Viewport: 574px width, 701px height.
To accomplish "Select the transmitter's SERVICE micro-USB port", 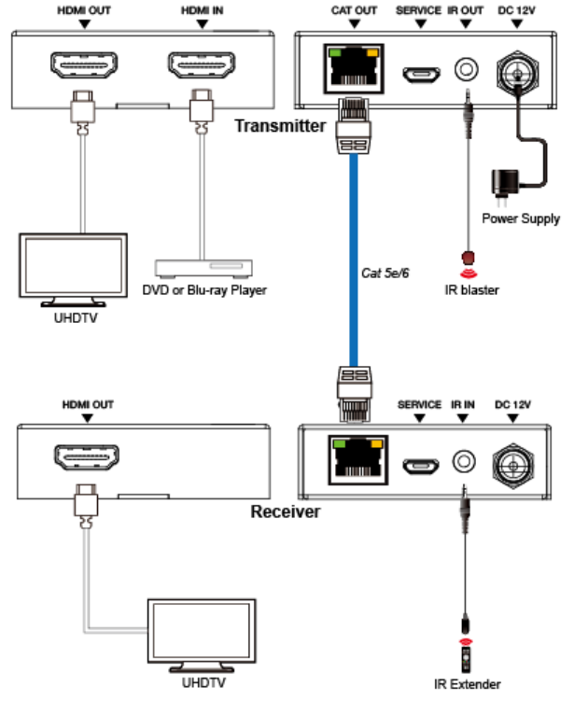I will pos(417,71).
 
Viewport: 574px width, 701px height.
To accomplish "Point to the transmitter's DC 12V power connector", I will pos(515,69).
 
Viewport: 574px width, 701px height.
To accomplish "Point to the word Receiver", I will pos(285,511).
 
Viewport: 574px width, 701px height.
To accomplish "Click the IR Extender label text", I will pos(467,684).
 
